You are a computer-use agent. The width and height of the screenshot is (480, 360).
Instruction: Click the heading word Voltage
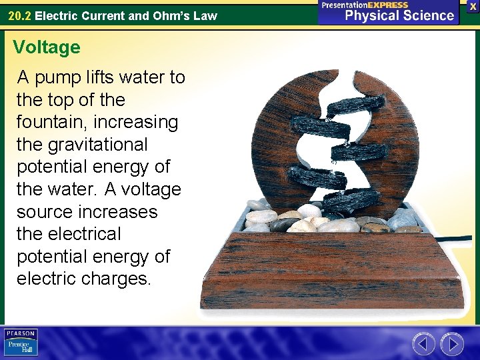click(x=46, y=47)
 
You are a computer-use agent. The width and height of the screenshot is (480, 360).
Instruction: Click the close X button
click(x=473, y=6)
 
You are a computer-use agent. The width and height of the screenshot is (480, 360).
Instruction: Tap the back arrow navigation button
click(x=424, y=344)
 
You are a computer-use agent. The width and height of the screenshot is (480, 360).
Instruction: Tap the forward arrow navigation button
click(x=453, y=344)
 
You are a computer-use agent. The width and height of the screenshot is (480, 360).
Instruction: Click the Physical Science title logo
click(x=390, y=12)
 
